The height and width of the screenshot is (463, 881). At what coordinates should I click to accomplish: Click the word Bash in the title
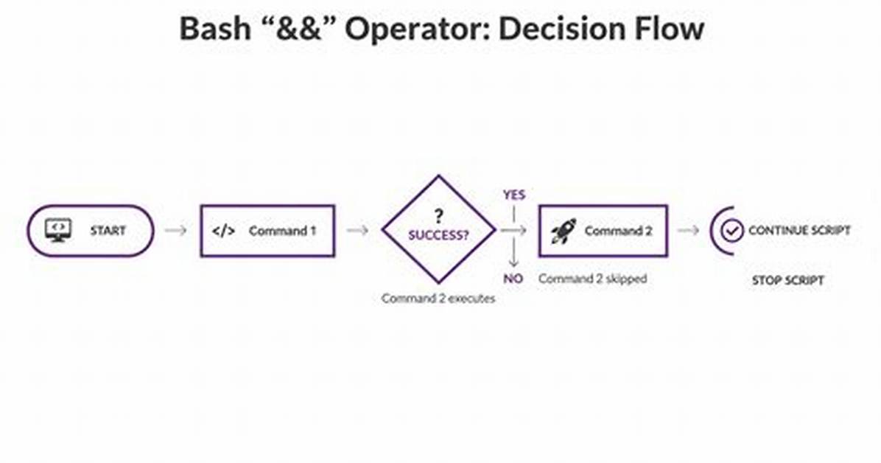(215, 28)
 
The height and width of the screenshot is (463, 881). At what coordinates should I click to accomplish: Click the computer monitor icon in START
(58, 230)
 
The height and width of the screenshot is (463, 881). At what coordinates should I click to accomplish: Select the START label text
(108, 231)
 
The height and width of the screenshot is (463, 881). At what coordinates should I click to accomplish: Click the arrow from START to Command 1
(176, 230)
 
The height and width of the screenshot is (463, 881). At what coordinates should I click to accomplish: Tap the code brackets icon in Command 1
(224, 231)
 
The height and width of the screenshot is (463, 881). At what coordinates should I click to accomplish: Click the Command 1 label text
(282, 231)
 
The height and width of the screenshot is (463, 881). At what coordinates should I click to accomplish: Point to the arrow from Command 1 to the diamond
(357, 230)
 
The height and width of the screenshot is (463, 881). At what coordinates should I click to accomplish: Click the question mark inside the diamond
(439, 215)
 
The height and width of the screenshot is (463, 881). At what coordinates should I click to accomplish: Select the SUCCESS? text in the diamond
(438, 235)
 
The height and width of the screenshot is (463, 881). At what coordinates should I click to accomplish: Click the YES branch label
(514, 195)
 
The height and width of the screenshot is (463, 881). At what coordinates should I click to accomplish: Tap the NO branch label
(513, 279)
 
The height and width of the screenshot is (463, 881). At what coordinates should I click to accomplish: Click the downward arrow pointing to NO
(513, 253)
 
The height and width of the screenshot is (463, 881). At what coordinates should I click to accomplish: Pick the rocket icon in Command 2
(564, 231)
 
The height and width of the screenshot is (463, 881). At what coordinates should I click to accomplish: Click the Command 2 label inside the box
(618, 231)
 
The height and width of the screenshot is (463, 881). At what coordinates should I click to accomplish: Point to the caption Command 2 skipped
(593, 279)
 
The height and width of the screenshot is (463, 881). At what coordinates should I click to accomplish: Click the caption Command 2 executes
(438, 298)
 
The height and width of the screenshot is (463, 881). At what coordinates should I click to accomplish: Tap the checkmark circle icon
(732, 230)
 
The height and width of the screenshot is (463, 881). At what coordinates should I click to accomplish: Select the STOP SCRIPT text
(787, 280)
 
